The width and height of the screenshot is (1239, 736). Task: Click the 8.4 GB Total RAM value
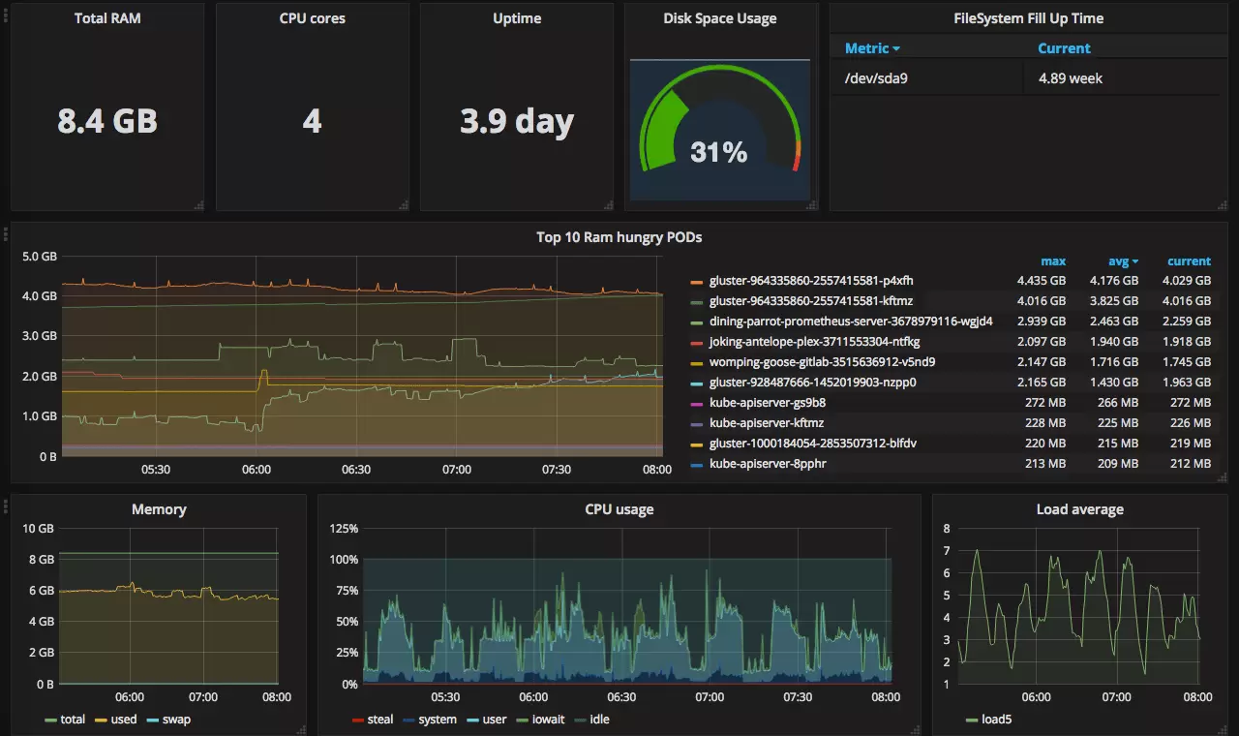click(x=107, y=121)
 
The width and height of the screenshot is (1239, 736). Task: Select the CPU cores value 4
click(x=312, y=121)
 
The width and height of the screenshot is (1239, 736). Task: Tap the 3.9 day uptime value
click(x=517, y=121)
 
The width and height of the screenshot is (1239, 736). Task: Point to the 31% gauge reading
click(x=718, y=152)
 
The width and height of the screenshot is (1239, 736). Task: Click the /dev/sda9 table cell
click(x=876, y=78)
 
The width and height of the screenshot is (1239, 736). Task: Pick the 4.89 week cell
click(x=1071, y=78)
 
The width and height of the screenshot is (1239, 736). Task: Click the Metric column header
click(x=871, y=48)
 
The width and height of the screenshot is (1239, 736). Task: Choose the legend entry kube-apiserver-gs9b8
click(x=767, y=403)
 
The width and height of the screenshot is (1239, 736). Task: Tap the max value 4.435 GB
click(x=1041, y=281)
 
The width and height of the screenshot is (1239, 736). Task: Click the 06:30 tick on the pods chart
click(x=356, y=470)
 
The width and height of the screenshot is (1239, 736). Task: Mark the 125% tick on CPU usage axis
click(x=344, y=529)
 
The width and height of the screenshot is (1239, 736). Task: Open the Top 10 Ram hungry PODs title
click(x=619, y=237)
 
